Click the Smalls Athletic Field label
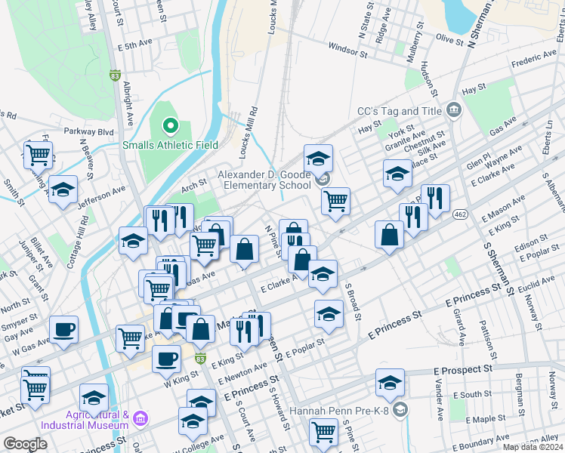coord(170,145)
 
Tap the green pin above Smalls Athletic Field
coord(170,125)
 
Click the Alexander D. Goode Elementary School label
coord(264,180)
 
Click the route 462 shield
coord(458,215)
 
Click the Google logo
coord(25,444)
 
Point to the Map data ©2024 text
coord(532,447)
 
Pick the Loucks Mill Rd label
coord(245,137)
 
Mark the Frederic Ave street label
coord(533,62)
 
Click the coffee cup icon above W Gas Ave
coord(63,328)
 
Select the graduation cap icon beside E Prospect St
coord(390,383)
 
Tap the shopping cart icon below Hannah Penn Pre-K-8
coord(323,433)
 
